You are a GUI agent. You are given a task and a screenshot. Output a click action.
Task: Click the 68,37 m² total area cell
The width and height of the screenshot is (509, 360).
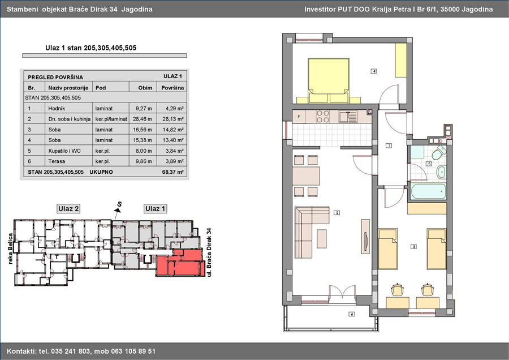[x=172, y=172]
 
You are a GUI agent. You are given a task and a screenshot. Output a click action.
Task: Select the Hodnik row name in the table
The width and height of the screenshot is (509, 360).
[x=57, y=109]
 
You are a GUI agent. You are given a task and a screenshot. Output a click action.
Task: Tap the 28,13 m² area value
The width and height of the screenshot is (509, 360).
[x=172, y=119]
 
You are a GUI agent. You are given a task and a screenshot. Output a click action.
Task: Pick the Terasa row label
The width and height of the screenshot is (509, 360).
[x=57, y=161]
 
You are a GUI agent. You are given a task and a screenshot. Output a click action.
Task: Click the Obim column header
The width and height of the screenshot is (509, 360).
[x=145, y=88]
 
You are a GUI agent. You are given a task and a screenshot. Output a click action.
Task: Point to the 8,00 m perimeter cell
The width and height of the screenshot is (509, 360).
[x=144, y=151]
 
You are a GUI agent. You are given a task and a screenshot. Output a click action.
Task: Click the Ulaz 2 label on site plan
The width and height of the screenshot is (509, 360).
[x=68, y=209]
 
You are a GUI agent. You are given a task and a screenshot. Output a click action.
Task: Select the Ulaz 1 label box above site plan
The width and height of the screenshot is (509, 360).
[x=155, y=209]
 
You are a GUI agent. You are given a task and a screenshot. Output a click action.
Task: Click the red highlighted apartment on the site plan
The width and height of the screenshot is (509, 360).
[x=180, y=263]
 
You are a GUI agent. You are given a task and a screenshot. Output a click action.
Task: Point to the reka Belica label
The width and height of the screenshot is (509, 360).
[x=10, y=248]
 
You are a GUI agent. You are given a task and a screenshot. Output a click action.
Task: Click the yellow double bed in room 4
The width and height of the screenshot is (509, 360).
[x=329, y=80]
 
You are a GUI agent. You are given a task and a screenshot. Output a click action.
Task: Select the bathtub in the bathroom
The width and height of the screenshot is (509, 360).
[x=428, y=192]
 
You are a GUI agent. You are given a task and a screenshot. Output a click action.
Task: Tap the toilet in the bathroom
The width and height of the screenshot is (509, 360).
[x=439, y=152]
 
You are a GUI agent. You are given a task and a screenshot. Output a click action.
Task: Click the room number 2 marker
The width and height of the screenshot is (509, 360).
[x=337, y=213]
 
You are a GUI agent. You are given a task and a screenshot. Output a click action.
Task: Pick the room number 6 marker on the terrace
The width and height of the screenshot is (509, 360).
[x=352, y=314]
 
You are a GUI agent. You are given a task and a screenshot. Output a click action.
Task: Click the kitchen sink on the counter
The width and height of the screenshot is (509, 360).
[x=348, y=116]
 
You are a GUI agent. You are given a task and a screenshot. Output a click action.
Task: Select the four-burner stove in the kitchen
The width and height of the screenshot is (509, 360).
[x=323, y=116]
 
